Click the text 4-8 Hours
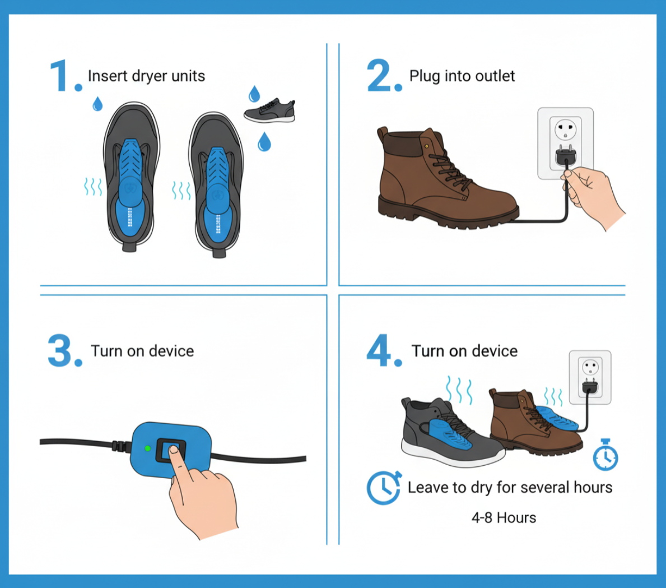pyautogui.click(x=504, y=517)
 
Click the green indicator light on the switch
pyautogui.click(x=147, y=448)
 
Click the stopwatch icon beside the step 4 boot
pyautogui.click(x=606, y=455)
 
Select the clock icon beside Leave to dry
pyautogui.click(x=384, y=487)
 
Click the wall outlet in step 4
pyautogui.click(x=590, y=377)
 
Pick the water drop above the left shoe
pyautogui.click(x=97, y=103)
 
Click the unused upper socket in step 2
pyautogui.click(x=566, y=129)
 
